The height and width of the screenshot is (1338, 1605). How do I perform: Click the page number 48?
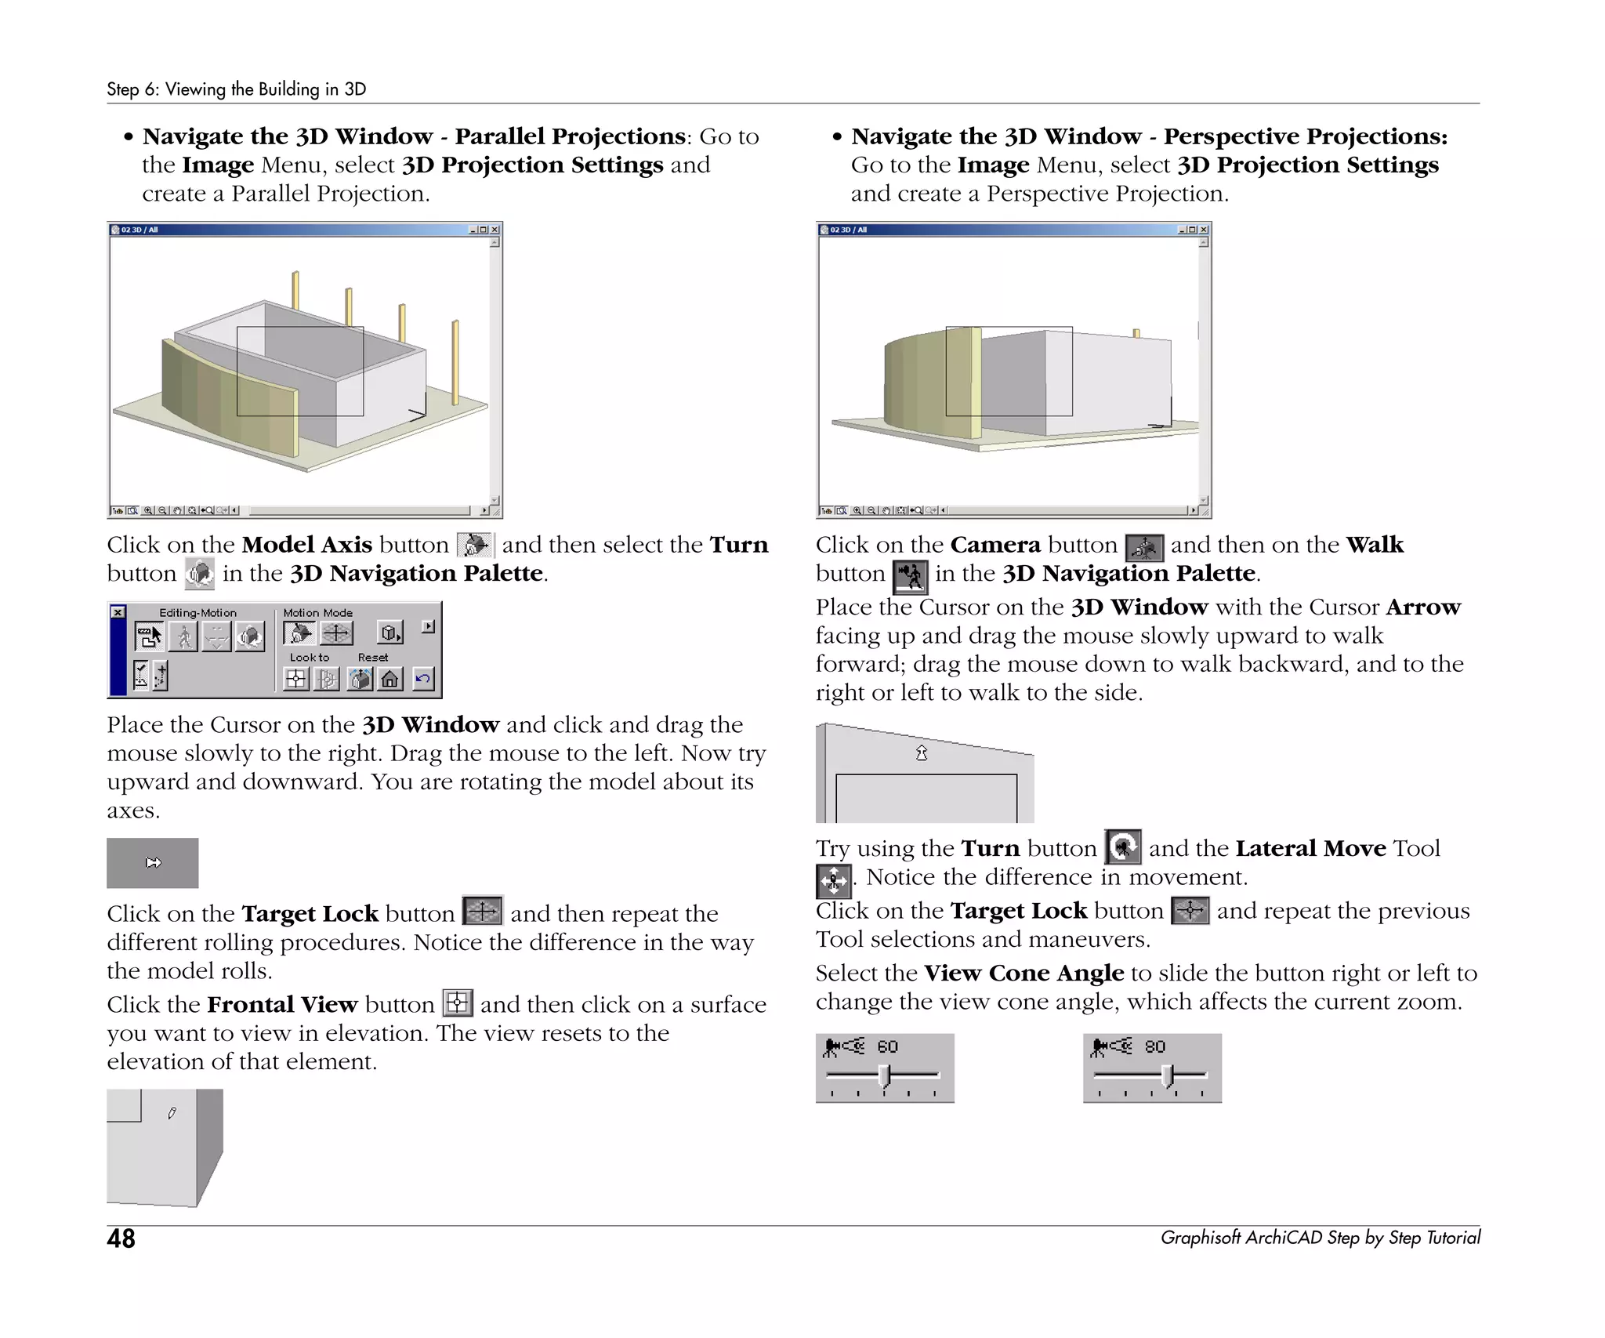(121, 1238)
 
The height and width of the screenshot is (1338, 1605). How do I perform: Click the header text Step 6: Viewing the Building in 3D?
(236, 89)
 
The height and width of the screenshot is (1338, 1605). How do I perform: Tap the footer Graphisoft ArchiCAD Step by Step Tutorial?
(1320, 1238)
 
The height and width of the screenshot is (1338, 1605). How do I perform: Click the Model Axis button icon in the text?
(475, 545)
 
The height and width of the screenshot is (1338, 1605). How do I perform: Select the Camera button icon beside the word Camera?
(1144, 547)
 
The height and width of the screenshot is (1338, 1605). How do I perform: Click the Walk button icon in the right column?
(910, 576)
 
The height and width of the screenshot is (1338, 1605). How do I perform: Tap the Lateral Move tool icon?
(832, 880)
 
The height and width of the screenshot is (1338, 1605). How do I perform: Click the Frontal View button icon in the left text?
(458, 1003)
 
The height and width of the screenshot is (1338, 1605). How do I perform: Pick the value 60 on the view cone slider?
(887, 1046)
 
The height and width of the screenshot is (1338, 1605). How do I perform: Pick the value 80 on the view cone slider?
(1154, 1046)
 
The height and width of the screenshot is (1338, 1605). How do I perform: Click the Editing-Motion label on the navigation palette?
(197, 613)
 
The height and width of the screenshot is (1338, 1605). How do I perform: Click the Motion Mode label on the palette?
(317, 613)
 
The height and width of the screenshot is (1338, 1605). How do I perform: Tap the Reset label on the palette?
(372, 658)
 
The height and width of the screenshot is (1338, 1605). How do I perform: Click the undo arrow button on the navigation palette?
(422, 678)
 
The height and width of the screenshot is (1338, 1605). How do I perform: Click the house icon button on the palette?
(390, 678)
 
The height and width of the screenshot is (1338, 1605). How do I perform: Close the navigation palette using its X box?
(118, 612)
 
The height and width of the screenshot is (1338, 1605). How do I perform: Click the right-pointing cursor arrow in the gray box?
(154, 863)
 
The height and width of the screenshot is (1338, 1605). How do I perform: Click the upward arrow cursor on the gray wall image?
(922, 753)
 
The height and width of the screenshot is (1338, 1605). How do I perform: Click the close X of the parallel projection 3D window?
(495, 230)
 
